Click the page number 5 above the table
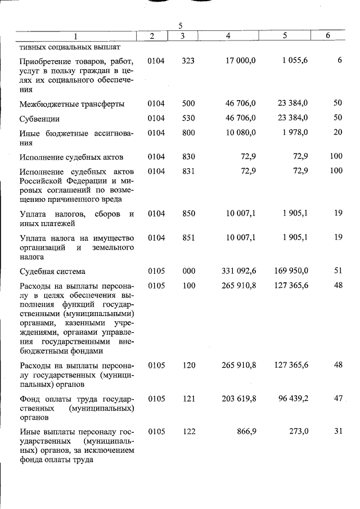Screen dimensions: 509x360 181,26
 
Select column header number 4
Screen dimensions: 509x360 228,36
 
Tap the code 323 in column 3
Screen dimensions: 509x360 188,60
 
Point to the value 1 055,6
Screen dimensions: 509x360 294,60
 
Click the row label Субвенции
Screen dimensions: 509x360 39,119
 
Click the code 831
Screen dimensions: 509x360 188,171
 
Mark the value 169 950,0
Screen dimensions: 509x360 292,271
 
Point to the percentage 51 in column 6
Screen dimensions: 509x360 338,271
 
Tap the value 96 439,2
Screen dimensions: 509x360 293,398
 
